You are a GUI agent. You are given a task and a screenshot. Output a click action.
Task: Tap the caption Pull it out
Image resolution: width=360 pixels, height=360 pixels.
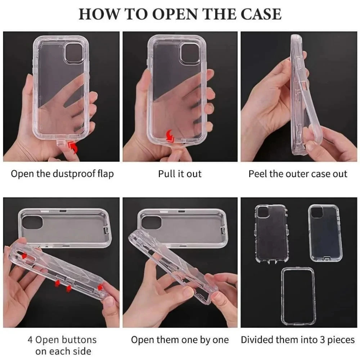coord(180,174)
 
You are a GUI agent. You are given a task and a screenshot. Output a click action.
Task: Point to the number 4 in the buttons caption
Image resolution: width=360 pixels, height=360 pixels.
coord(31,339)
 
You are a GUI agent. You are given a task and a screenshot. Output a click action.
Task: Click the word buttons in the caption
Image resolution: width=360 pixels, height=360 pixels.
coord(79,339)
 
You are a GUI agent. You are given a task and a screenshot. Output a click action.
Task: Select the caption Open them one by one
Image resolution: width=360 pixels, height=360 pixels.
coord(180,339)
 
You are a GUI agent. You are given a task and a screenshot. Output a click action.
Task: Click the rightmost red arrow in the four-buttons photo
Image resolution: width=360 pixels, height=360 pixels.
coord(100,287)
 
